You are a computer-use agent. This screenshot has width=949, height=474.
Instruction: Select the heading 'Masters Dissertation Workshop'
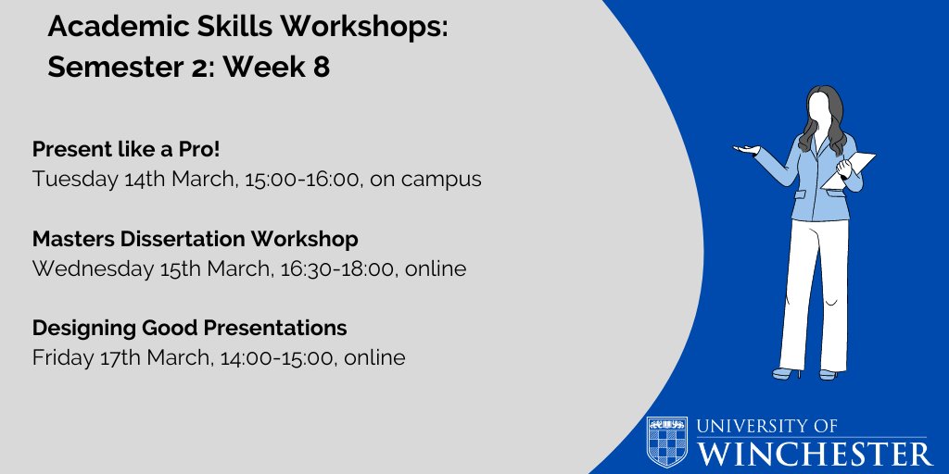pos(195,239)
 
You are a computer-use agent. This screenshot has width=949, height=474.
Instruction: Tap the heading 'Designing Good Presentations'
pos(189,328)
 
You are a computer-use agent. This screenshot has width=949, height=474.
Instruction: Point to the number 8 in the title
pos(321,69)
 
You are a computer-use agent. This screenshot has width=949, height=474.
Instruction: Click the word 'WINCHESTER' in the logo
pos(816,454)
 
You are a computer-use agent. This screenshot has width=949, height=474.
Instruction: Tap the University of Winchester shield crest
pos(667,442)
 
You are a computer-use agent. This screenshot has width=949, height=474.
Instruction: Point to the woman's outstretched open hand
pos(747,148)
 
